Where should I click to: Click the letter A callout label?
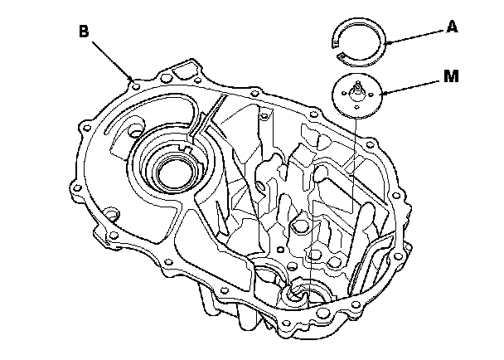point(452,27)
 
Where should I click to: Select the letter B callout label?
point(83,32)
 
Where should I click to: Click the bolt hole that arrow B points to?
point(133,79)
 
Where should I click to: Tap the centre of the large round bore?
point(168,173)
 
